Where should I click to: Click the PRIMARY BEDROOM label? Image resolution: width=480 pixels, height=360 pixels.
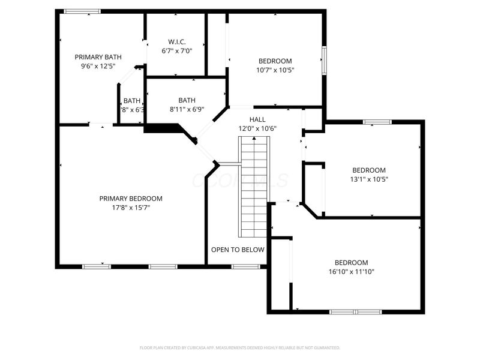131,199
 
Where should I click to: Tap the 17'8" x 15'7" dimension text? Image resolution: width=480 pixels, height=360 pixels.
131,208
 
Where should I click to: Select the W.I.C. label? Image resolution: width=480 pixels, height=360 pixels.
176,42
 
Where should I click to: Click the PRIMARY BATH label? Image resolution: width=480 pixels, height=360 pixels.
98,57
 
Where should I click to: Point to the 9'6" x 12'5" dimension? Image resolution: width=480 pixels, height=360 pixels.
98,66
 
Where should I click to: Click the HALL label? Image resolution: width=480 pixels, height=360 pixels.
257,119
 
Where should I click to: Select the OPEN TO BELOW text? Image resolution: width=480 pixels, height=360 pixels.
238,250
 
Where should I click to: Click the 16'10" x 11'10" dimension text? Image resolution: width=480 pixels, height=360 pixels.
351,272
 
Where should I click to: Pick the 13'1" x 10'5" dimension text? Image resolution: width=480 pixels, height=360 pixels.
368,179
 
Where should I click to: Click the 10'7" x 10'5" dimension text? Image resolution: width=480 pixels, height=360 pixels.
275,70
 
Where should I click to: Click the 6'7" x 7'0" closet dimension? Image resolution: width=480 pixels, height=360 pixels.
176,52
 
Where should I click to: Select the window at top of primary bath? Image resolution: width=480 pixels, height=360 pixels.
82,11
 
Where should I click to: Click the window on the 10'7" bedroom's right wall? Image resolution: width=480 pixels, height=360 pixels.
324,60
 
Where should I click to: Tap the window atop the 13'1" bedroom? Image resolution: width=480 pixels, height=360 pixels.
377,122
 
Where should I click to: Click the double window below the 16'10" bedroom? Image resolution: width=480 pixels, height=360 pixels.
356,312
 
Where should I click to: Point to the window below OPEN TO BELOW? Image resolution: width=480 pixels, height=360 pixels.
245,266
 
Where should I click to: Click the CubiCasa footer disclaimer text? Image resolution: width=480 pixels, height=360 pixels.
240,347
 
